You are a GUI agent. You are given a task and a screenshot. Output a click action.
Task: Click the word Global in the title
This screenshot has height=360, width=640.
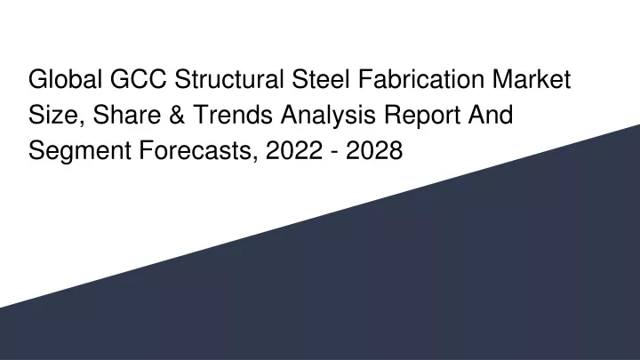point(65,79)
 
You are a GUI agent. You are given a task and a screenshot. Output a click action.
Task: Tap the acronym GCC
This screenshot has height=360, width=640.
point(139,79)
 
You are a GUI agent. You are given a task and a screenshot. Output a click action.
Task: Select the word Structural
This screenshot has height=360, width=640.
point(229,79)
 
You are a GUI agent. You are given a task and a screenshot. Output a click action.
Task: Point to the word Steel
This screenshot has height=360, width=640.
point(320,79)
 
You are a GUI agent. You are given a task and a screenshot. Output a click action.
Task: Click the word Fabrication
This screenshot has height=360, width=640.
point(421,79)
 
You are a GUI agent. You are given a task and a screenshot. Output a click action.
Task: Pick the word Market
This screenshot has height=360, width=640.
point(532,79)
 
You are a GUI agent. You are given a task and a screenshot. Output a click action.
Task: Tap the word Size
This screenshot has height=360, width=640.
point(53,115)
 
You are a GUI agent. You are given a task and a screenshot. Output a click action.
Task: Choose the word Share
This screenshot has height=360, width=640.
point(127,115)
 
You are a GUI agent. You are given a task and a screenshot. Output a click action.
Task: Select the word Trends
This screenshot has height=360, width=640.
point(233,115)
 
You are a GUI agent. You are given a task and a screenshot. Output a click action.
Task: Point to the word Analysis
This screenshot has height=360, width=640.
point(328,115)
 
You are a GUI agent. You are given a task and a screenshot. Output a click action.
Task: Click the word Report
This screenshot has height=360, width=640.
point(422,116)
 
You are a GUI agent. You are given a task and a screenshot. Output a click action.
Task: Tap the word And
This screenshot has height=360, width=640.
point(490,115)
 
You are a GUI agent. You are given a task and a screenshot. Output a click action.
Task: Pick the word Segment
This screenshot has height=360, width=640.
point(80,150)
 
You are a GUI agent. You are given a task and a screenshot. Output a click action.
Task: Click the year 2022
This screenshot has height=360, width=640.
point(294,150)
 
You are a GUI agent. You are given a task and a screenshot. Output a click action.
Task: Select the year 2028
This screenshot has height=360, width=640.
point(374,150)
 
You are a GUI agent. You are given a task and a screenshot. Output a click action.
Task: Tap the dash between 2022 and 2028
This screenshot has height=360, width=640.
point(334,153)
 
